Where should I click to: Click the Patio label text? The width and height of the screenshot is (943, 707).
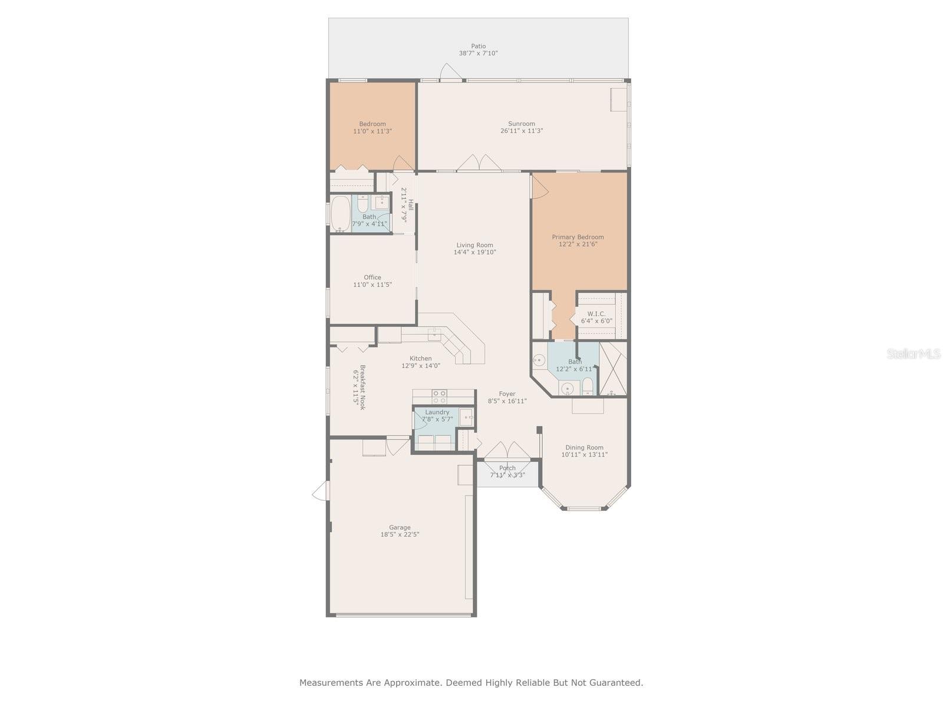478,46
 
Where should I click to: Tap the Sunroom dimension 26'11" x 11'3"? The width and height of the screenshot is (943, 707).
522,131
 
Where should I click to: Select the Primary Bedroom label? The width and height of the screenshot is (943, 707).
578,237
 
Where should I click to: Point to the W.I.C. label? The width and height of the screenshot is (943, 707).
596,314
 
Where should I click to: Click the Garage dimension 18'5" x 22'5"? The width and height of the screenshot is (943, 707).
400,534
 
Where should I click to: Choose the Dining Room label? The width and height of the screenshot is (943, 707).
584,447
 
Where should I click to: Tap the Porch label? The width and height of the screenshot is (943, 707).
507,468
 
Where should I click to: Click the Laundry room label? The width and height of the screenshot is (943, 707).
437,412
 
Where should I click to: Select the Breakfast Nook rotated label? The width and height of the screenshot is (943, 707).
362,387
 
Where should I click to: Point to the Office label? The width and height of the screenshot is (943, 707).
372,277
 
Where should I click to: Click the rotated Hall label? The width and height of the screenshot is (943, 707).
411,205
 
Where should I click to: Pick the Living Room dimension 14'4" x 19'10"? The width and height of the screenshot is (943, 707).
474,252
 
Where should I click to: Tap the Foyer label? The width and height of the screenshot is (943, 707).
507,394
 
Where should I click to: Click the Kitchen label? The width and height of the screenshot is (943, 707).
421,358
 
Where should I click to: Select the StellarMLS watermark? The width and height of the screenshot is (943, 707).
914,353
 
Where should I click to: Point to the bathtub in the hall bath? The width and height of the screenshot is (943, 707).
341,214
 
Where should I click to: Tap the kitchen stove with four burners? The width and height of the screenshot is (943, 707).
439,397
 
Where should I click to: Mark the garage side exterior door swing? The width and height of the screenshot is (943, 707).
320,491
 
